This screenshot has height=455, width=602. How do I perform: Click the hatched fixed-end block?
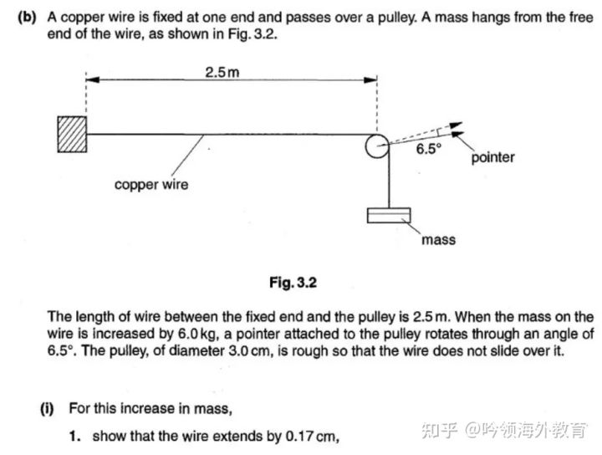[x=71, y=133]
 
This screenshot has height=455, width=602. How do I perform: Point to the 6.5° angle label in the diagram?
[x=427, y=151]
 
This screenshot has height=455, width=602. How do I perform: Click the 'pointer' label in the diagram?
[x=493, y=157]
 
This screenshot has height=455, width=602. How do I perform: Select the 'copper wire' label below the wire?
[x=151, y=184]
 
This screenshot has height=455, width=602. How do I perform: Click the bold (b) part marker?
[x=26, y=18]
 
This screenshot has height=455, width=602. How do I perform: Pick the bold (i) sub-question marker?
[x=48, y=409]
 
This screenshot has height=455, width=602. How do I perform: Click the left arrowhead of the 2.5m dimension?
[x=91, y=80]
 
